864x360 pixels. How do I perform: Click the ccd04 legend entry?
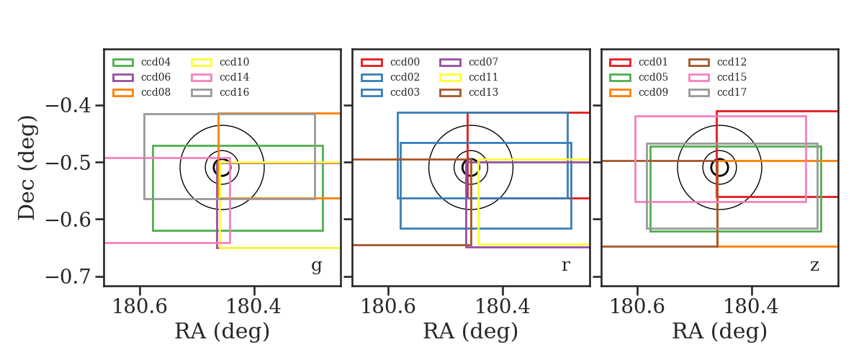tap(142, 62)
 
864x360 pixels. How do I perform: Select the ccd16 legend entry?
tap(220, 93)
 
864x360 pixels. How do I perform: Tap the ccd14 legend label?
tap(234, 77)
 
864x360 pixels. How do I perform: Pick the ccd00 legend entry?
tap(390, 62)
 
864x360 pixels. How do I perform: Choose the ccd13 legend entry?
tap(469, 93)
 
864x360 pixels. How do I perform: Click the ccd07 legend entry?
tap(469, 62)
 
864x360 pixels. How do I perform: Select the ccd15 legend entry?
tap(717, 77)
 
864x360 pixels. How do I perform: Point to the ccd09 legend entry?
tap(639, 93)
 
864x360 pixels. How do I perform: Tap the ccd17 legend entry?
tap(717, 93)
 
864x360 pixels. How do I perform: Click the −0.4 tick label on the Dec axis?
tap(68, 105)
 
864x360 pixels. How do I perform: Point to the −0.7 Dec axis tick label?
tap(68, 276)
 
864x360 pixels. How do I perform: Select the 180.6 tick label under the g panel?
tap(140, 307)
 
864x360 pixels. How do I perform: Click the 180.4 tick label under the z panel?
tap(751, 307)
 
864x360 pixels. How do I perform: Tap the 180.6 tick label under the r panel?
tap(388, 307)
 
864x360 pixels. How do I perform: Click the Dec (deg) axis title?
tap(27, 168)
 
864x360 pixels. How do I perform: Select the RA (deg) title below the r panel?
tap(471, 331)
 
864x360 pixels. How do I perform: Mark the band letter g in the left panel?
tap(316, 266)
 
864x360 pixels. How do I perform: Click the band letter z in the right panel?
tap(814, 265)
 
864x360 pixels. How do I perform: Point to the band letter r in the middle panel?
tap(566, 265)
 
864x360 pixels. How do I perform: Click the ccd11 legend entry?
tap(469, 77)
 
